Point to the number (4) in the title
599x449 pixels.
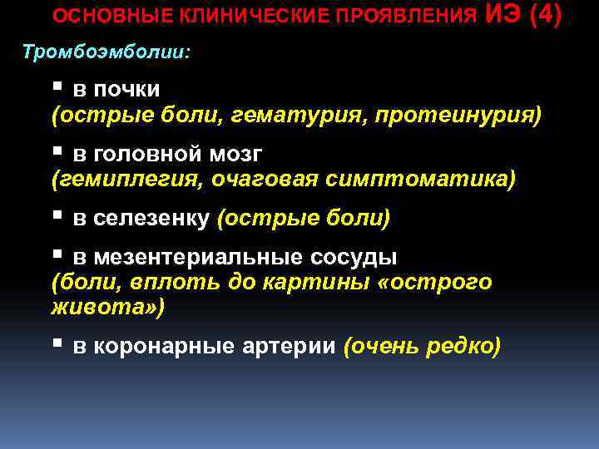click(x=546, y=15)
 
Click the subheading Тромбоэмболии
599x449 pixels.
click(x=106, y=52)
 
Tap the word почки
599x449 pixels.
click(x=128, y=89)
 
